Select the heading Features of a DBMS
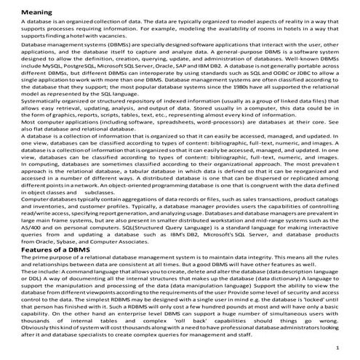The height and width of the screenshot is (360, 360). [55, 249]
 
